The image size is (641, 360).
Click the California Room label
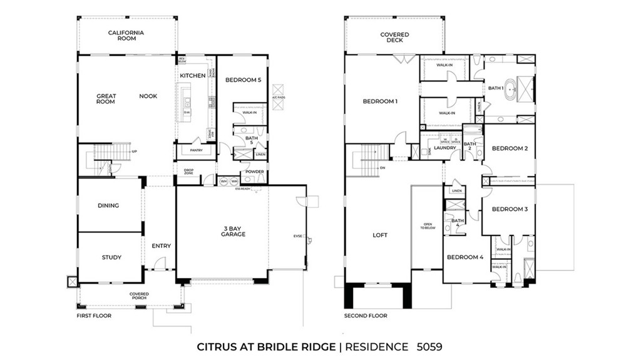coord(126,36)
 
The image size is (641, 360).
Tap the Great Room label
coord(106,99)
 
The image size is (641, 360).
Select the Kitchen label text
coord(192,76)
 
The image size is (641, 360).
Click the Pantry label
coord(191,151)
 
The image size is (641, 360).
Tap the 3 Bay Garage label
coord(232,231)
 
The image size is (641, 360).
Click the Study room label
coord(111,257)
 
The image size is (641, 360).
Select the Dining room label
coord(108,205)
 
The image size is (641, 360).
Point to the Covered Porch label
coord(139,296)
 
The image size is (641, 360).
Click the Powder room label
coord(254,172)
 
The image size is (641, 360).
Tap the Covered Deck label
coord(394,38)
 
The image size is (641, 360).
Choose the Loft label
coord(380,235)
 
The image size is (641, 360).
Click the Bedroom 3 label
coord(509,209)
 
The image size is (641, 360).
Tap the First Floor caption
coord(94,316)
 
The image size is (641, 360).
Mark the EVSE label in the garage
coord(297,236)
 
